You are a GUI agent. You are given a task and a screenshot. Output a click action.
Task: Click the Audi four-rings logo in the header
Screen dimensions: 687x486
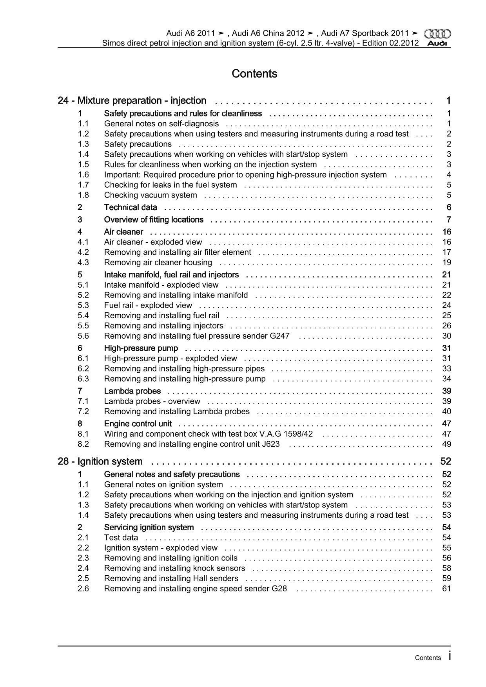[438, 34]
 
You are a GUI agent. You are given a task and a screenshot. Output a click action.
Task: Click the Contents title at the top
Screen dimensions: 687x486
[254, 74]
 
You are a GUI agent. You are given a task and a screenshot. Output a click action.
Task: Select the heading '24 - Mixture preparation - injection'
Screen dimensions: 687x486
[132, 101]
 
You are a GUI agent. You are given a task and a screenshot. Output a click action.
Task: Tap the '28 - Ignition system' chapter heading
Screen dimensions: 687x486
[100, 461]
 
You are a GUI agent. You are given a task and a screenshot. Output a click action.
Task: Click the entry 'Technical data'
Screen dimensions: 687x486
[131, 207]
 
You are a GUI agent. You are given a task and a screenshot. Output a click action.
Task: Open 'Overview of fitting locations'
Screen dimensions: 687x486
[154, 219]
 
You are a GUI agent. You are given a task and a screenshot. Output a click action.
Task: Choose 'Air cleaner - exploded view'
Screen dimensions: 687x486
[153, 242]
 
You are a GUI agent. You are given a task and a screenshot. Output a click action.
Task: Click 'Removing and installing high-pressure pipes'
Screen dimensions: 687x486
[184, 368]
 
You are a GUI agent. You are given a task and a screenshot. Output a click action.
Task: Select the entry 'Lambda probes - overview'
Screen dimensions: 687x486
[152, 401]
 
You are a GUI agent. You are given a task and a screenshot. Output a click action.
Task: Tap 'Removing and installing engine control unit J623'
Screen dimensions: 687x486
[192, 444]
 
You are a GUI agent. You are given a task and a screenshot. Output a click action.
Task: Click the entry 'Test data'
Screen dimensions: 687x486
[121, 538]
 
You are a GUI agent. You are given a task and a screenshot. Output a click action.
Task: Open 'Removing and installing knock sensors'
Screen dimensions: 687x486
[174, 568]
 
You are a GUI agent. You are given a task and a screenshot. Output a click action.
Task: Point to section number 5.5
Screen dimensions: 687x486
[83, 326]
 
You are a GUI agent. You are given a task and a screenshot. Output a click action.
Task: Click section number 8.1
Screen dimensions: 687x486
[83, 434]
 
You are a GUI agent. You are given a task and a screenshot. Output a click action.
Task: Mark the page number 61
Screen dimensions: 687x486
[446, 589]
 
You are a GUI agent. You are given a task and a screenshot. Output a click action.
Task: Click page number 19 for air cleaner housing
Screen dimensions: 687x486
[446, 263]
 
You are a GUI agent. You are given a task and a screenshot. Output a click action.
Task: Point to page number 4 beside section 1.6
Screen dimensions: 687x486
[449, 175]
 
